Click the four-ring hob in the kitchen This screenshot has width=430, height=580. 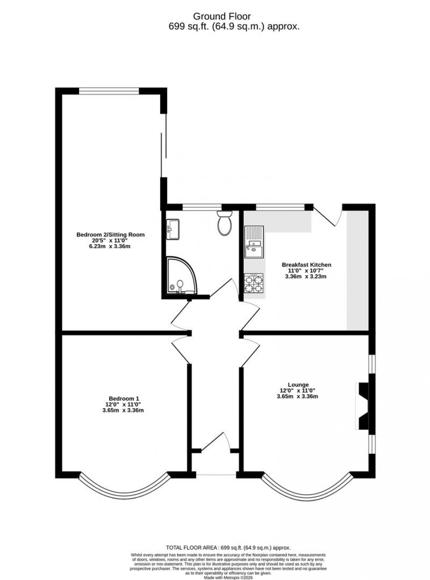point(254,283)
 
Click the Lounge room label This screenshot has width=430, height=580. point(298,385)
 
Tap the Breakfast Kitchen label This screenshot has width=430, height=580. point(306,265)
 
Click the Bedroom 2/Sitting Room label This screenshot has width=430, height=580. point(111,235)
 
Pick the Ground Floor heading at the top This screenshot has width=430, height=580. point(222,17)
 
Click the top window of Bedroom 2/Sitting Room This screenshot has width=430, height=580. point(109,91)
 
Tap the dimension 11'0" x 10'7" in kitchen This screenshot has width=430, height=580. point(306,271)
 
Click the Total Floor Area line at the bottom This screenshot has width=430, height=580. point(228,548)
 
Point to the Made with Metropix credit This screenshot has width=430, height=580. point(228,577)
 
